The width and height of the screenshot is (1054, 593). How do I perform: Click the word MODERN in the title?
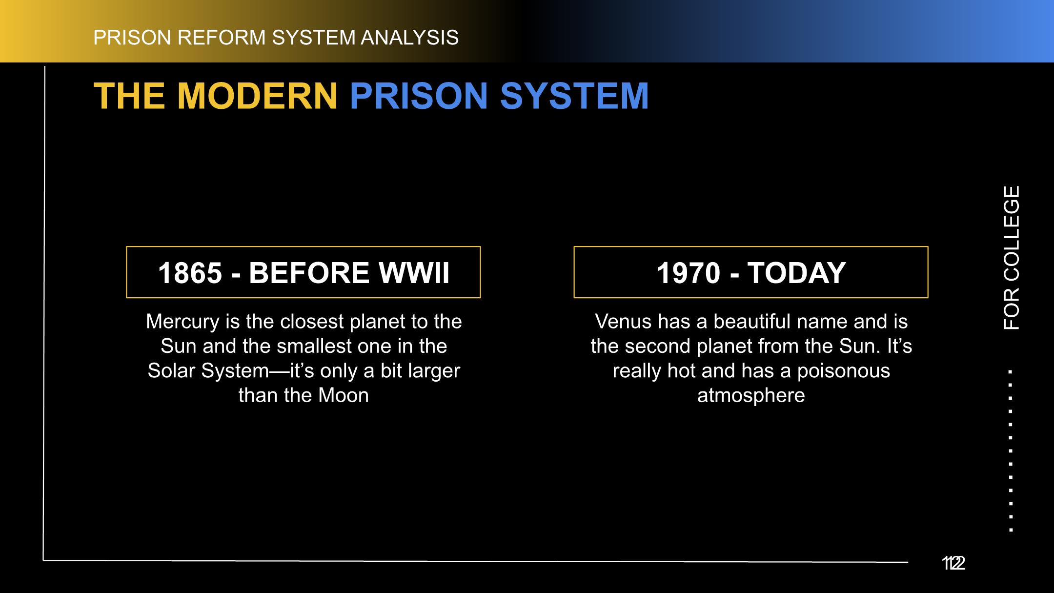tap(257, 96)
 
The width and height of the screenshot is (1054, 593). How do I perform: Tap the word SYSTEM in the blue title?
tap(574, 96)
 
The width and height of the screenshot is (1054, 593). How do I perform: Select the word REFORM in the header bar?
tap(222, 38)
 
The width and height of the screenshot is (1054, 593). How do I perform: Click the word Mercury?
tap(183, 322)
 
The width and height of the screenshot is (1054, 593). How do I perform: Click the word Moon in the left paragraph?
tap(344, 395)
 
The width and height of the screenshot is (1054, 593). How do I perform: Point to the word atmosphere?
tap(751, 396)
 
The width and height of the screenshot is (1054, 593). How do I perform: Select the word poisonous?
tap(844, 371)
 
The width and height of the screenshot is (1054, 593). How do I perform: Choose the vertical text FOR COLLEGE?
tap(1012, 258)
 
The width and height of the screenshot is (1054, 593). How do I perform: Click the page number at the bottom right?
tap(953, 563)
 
